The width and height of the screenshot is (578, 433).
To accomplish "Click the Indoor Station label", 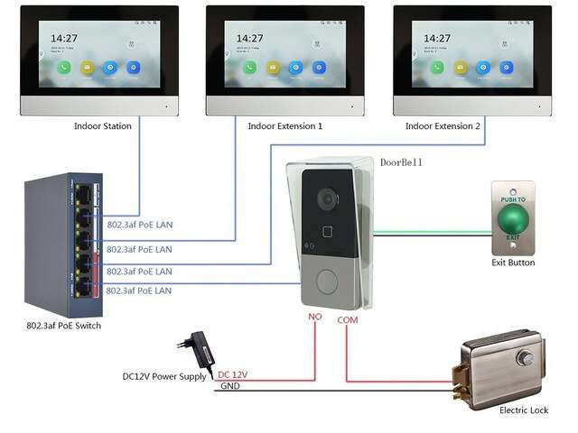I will coord(102,126).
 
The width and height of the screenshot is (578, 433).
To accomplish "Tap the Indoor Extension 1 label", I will coord(285,126).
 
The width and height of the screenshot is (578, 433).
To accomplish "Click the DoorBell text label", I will coord(401,162).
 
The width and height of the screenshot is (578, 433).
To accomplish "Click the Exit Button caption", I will coord(513,263).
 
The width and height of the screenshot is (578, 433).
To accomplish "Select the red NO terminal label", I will coord(315,318).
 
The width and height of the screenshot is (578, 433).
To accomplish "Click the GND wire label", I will coord(230,386).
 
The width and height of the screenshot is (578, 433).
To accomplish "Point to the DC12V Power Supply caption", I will coord(164,376).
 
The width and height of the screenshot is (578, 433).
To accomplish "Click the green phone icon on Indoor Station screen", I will coord(62,67).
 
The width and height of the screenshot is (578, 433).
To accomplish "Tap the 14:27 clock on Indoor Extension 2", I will coord(433,39).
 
